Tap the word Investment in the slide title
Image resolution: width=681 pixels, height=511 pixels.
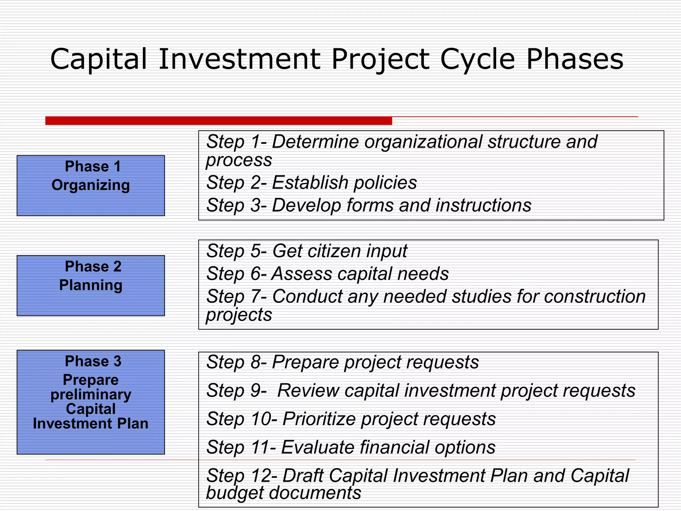pyautogui.click(x=239, y=59)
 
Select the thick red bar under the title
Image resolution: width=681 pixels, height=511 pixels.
pyautogui.click(x=218, y=121)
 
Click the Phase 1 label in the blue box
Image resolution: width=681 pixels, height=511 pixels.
pyautogui.click(x=93, y=166)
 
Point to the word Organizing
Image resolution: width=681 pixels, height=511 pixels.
pyautogui.click(x=91, y=185)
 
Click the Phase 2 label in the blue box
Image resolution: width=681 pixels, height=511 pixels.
pyautogui.click(x=93, y=266)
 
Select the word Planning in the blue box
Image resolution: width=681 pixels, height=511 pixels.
pyautogui.click(x=91, y=285)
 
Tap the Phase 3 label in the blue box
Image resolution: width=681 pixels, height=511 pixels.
pyautogui.click(x=93, y=361)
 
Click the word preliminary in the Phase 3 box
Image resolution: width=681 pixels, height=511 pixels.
pyautogui.click(x=91, y=395)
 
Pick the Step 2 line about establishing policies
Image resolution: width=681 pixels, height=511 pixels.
pyautogui.click(x=311, y=183)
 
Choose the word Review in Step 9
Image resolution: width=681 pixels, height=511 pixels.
pyautogui.click(x=308, y=391)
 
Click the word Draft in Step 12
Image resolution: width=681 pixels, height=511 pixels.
pyautogui.click(x=303, y=476)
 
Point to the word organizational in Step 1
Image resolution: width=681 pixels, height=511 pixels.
pyautogui.click(x=423, y=142)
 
